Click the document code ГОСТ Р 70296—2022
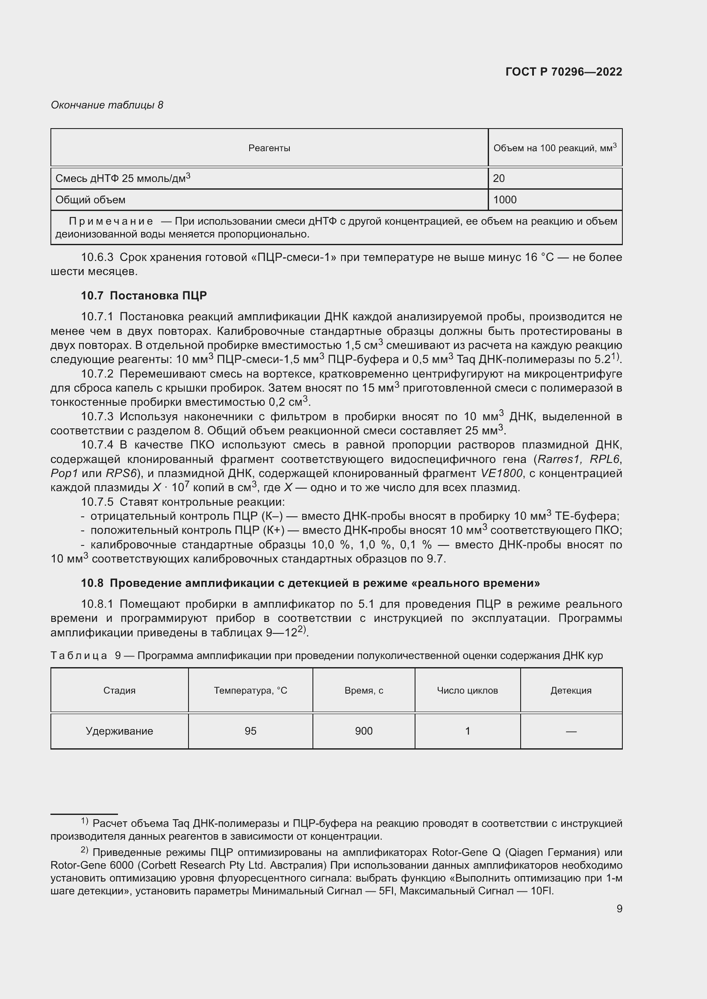coord(564,72)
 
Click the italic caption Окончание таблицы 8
coord(107,105)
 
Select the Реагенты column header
coord(269,148)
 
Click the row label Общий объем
coord(91,200)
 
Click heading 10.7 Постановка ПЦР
coord(144,296)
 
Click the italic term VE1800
coord(501,473)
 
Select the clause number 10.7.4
coord(97,445)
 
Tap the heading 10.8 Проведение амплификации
coord(310,583)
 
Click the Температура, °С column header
coord(250,691)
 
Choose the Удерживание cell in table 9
coord(119,731)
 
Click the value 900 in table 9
coord(363,731)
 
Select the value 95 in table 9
coord(250,731)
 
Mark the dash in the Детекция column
coord(571,731)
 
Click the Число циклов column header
coord(467,691)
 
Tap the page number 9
coord(619,908)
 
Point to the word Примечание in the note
coord(111,221)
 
